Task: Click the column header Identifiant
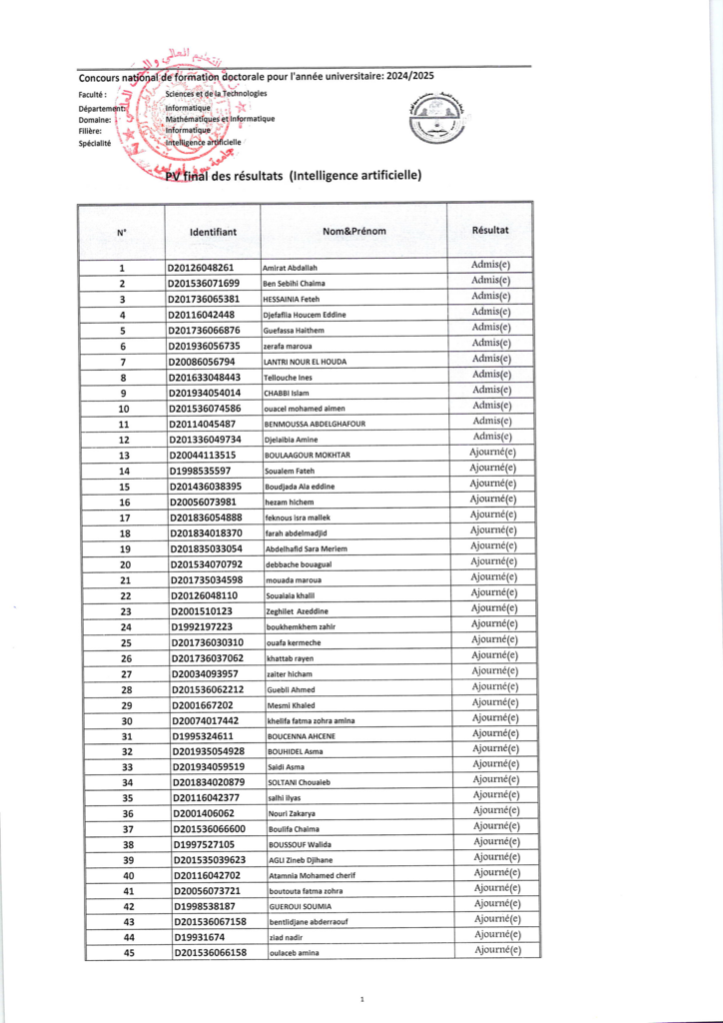coord(213,232)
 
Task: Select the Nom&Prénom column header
coord(354,232)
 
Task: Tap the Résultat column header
coord(490,230)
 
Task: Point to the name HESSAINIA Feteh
coord(291,300)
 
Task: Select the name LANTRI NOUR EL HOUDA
coord(305,362)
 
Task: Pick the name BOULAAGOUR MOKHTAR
coord(306,456)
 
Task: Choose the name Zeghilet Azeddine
coord(297,611)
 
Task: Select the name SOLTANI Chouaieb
coord(299,783)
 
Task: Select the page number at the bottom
coord(361,999)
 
